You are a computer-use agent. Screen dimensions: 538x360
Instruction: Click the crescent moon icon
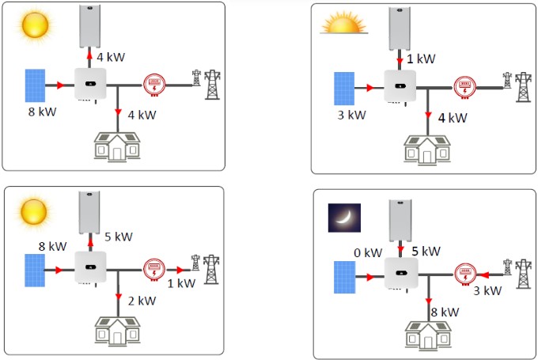[x=344, y=218]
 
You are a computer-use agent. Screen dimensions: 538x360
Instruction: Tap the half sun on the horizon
[x=344, y=23]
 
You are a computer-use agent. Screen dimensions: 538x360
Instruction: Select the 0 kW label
[x=368, y=253]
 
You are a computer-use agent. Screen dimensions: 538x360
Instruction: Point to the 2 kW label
[x=142, y=301]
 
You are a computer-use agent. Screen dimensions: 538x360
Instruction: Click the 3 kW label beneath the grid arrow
[x=487, y=290]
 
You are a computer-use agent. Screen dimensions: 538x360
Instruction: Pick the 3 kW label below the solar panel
[x=352, y=115]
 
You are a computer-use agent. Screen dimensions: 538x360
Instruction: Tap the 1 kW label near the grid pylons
[x=181, y=283]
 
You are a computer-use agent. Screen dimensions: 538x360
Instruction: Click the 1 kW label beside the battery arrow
[x=421, y=59]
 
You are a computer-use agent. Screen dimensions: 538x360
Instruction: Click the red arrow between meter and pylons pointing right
[x=180, y=270]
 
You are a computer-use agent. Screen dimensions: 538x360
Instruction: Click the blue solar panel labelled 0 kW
[x=344, y=277]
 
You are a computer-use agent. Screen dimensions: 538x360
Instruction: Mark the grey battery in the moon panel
[x=400, y=221]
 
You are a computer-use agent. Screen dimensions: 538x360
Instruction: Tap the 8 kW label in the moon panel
[x=445, y=313]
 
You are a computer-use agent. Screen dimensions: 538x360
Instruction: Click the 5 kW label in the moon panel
[x=426, y=252]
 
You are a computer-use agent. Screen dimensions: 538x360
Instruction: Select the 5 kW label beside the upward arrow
[x=119, y=237]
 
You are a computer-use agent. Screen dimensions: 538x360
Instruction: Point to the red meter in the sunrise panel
[x=465, y=88]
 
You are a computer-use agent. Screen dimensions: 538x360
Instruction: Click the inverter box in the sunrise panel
[x=400, y=86]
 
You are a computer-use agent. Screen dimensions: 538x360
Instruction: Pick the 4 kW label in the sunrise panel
[x=453, y=118]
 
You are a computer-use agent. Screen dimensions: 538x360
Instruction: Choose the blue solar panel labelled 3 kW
[x=344, y=89]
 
